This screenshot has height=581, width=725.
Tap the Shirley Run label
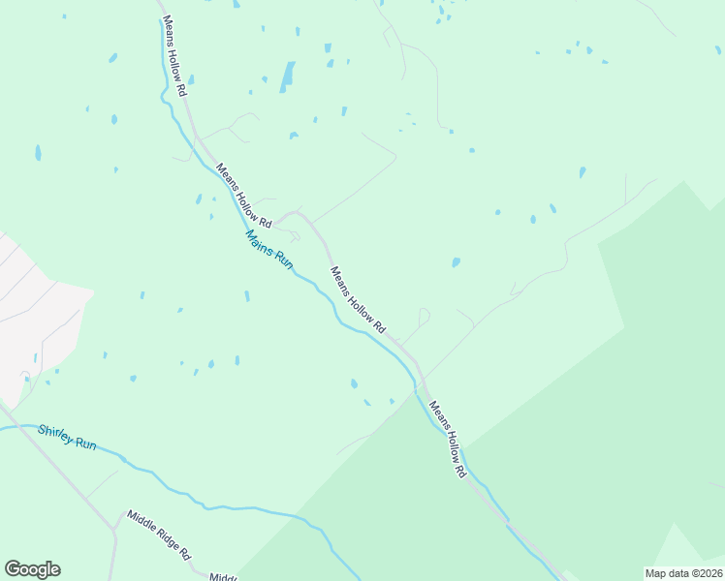click(x=67, y=437)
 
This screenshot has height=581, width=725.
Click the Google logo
click(x=32, y=569)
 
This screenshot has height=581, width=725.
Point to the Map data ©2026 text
click(x=684, y=573)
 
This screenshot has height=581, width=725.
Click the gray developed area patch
click(x=34, y=310)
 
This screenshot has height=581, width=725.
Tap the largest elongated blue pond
click(x=287, y=76)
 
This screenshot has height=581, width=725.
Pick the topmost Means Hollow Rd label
click(x=174, y=55)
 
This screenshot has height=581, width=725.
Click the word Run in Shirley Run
click(x=86, y=443)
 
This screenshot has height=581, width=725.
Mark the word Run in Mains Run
click(x=282, y=260)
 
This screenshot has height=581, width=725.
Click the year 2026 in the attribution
click(x=708, y=573)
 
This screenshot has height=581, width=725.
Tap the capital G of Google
click(x=13, y=569)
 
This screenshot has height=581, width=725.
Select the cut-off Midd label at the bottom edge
click(x=224, y=576)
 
